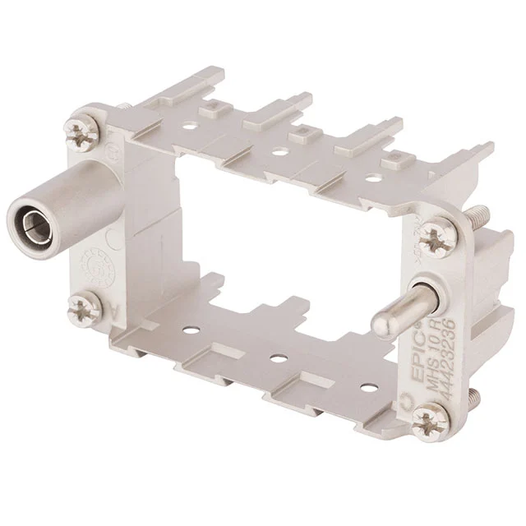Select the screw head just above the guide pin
(x=433, y=241)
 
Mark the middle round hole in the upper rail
(x=280, y=152)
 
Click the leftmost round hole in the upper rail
(x=191, y=128)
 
